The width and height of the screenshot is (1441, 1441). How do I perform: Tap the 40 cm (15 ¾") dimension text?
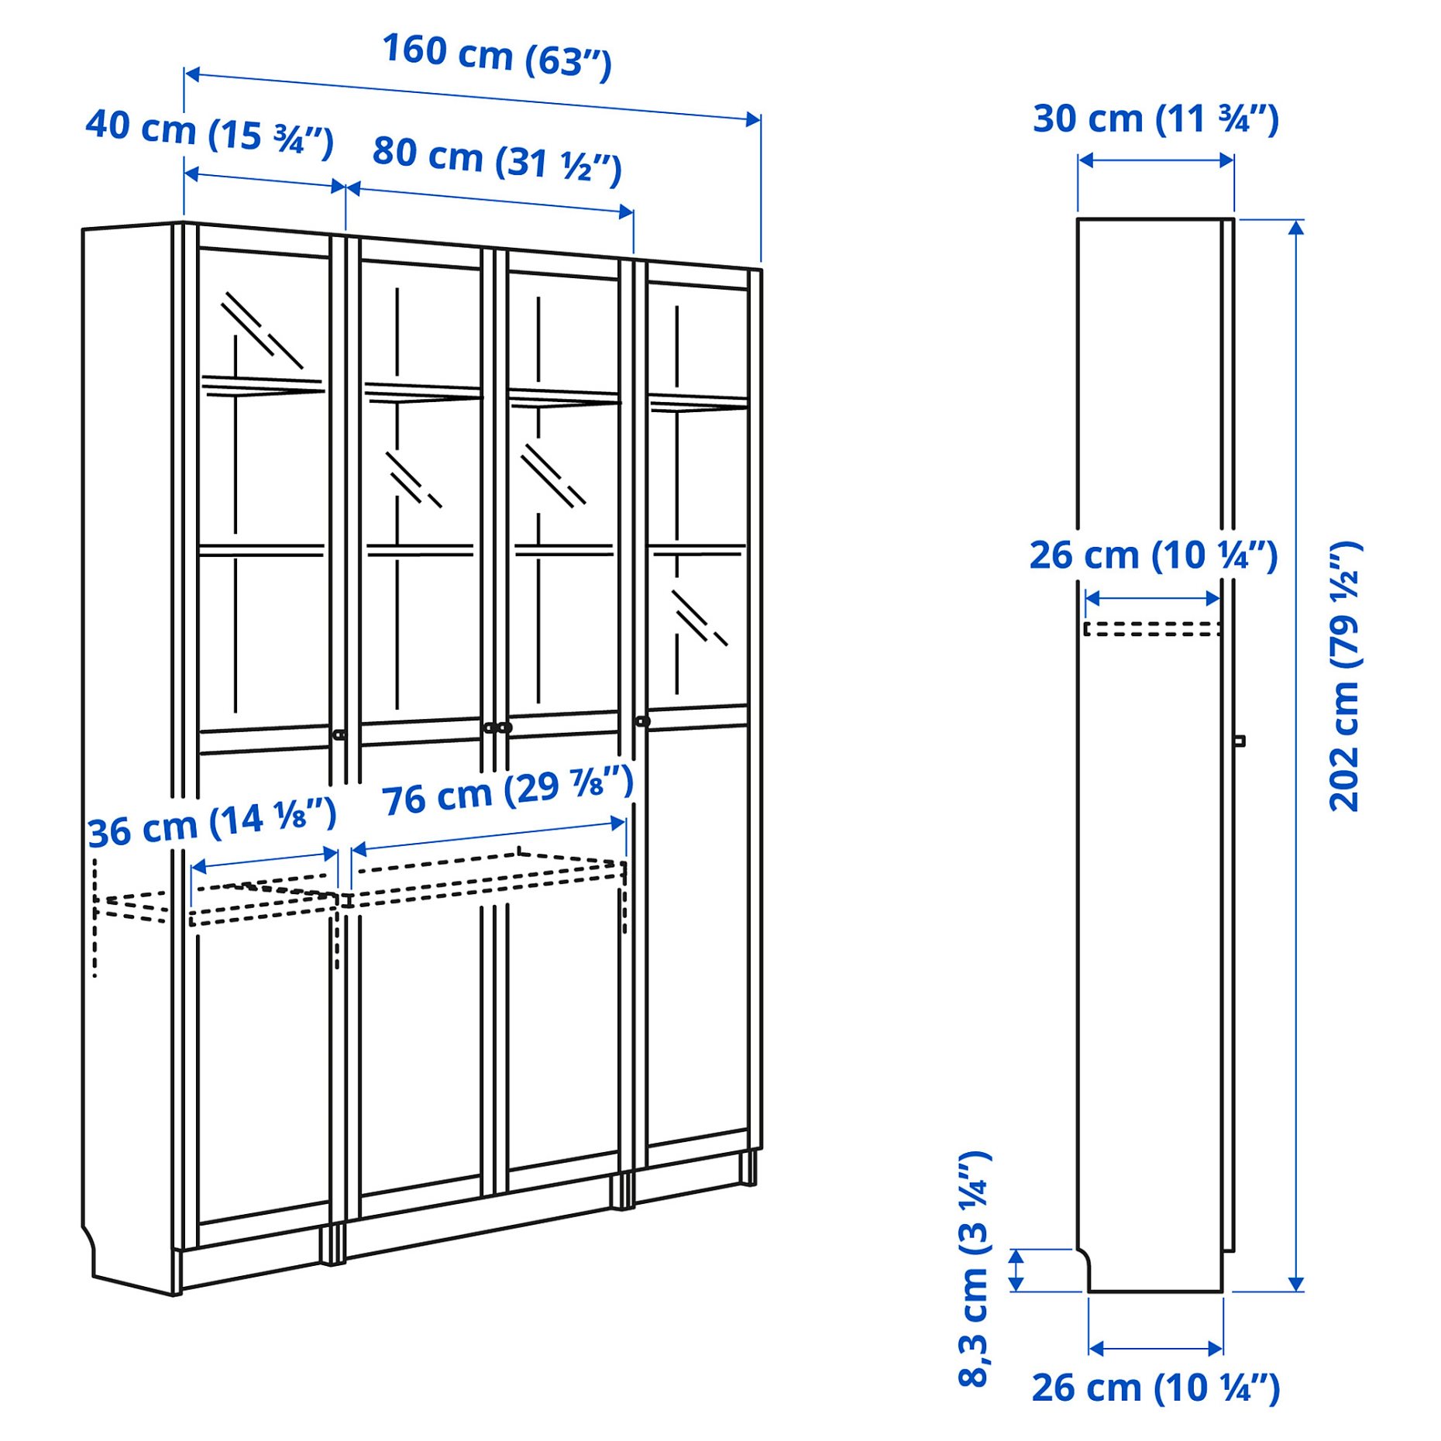[209, 131]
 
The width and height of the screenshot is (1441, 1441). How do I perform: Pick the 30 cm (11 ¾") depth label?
[1155, 119]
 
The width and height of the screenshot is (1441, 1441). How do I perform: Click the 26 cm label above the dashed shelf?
[1153, 555]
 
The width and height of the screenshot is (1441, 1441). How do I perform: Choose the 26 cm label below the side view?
[1155, 1388]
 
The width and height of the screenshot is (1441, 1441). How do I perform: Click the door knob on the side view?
[1239, 741]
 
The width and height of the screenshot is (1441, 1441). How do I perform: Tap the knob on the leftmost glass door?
[339, 734]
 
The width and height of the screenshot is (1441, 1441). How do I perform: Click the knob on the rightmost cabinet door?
[642, 721]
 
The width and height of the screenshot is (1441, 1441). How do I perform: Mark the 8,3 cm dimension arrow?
[1016, 1271]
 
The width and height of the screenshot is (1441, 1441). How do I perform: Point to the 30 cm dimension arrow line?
[1155, 160]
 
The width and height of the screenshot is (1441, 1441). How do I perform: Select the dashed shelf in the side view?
[1152, 629]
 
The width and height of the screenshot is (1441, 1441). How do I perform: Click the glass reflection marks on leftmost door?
[261, 329]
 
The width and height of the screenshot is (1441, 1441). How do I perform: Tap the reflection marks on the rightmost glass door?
[698, 617]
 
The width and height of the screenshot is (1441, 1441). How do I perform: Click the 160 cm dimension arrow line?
[472, 96]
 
